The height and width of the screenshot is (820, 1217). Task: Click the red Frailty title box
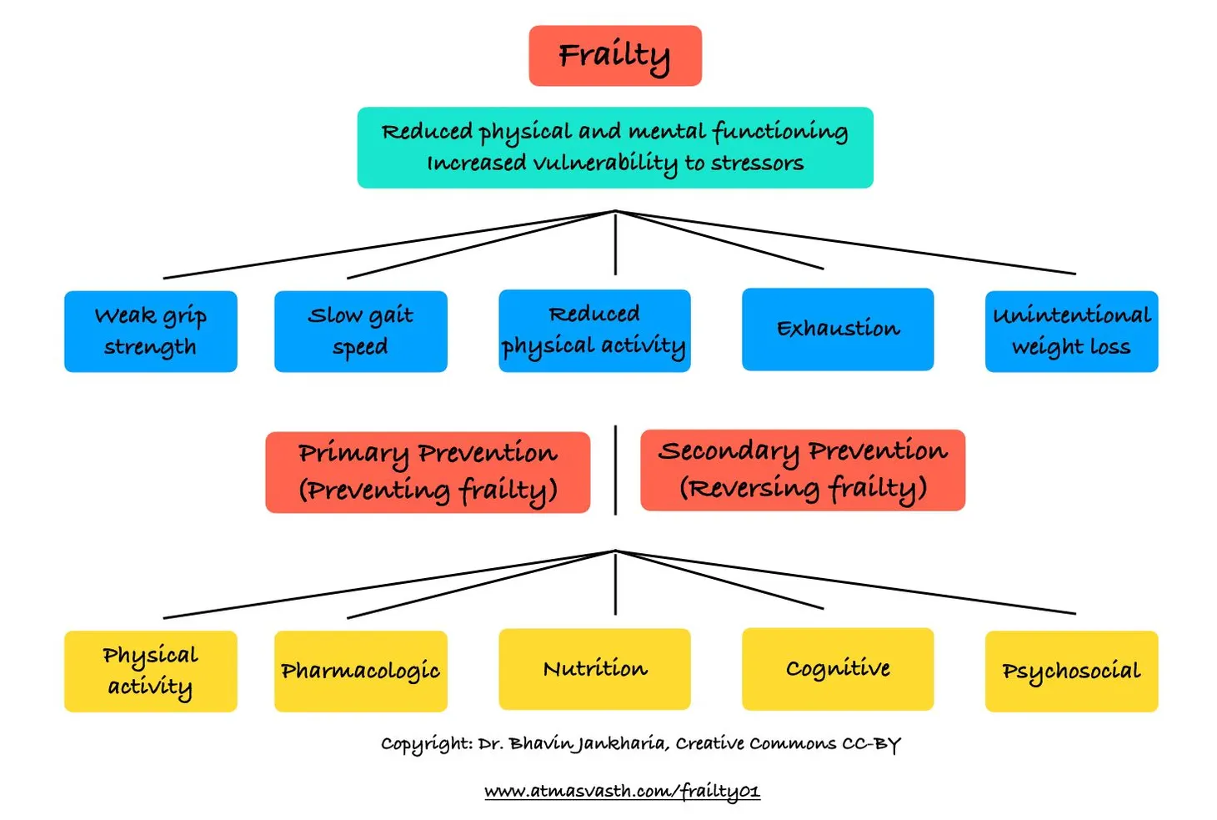click(614, 56)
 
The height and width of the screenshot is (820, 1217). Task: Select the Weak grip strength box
click(150, 331)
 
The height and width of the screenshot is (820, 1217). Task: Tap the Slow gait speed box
click(360, 331)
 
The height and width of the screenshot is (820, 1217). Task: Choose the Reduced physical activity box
click(593, 330)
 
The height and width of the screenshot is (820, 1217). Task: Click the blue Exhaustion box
click(837, 329)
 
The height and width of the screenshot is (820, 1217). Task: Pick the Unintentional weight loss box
click(1070, 331)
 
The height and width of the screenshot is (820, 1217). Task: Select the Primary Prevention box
click(427, 471)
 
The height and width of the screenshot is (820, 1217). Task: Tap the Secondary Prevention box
click(802, 470)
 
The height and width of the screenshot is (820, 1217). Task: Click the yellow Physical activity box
click(150, 671)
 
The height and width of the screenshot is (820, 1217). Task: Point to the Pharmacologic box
click(360, 671)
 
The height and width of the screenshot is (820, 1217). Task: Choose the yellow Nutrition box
click(593, 669)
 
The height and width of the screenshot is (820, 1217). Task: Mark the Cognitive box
click(837, 669)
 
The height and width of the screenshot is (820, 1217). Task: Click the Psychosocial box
click(1070, 671)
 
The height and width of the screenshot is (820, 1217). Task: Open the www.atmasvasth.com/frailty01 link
click(622, 791)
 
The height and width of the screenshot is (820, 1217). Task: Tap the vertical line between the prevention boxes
click(615, 470)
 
